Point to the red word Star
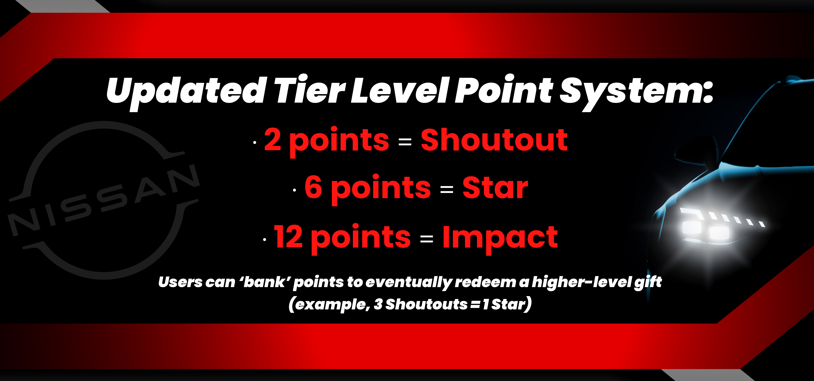tap(495, 188)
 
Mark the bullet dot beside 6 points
tap(294, 190)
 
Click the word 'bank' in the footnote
tap(265, 282)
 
